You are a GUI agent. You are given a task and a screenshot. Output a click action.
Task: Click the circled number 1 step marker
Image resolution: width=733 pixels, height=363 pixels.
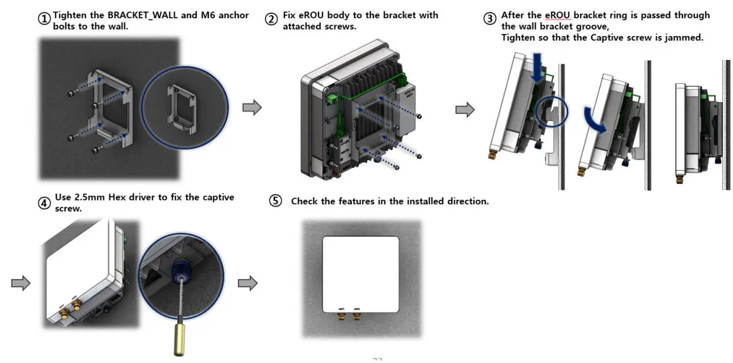pos(45,19)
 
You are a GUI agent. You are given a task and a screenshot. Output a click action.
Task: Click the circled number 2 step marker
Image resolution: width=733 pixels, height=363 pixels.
pos(271,19)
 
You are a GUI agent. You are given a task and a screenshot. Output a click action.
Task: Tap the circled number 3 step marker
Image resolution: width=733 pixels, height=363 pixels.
pos(490,19)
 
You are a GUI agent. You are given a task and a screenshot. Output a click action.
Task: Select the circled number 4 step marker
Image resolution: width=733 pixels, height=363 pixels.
pos(44,203)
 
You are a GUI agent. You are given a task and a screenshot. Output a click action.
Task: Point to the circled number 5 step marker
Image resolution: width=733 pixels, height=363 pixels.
pos(276,201)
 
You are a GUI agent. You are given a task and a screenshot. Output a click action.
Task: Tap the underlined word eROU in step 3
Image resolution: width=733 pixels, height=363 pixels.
pos(557,15)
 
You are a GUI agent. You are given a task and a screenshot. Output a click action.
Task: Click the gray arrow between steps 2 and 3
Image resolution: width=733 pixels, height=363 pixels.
pos(465,110)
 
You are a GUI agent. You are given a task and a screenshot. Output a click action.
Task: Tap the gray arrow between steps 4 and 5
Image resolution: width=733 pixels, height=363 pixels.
pos(248,283)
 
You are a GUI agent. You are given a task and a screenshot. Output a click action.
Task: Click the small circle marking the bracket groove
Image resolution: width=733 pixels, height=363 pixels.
pos(553,113)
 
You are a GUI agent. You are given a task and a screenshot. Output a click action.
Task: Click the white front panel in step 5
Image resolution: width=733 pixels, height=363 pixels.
pos(360,273)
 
